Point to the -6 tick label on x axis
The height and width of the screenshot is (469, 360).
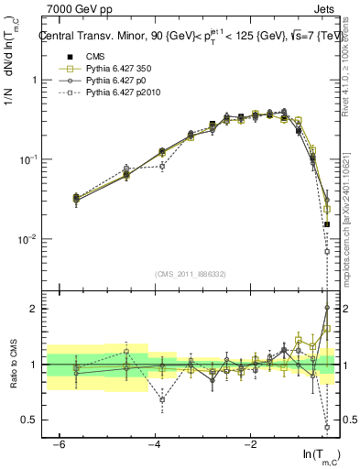pyautogui.click(x=57, y=445)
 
